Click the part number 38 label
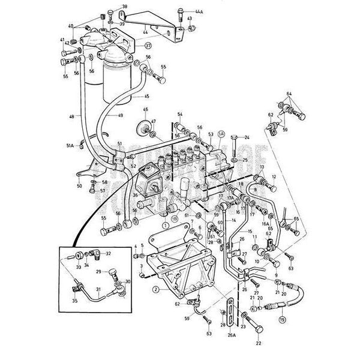click(125, 7)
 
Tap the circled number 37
click(148, 45)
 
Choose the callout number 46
click(145, 109)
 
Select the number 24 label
click(245, 137)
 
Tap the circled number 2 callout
click(155, 289)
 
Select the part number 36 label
click(135, 195)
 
